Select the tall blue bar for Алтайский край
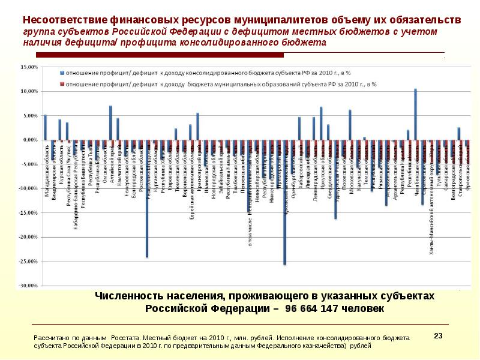coord(110,123)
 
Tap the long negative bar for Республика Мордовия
coord(147,199)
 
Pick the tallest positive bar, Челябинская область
coord(415,115)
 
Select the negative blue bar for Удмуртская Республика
coord(335,179)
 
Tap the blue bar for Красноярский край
coord(197,127)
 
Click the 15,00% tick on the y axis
coord(29,67)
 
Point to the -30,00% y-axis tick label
coord(28,286)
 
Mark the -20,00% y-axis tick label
coord(28,237)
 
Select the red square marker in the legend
coord(62,85)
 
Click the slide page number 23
coord(437,335)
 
